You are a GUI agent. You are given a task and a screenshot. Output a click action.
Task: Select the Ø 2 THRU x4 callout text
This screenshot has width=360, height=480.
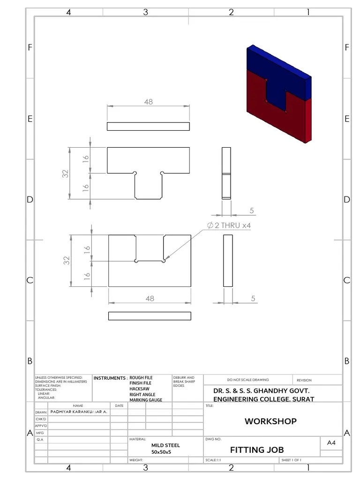tap(229, 225)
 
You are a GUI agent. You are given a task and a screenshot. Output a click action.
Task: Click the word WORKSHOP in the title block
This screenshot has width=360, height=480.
tap(270, 421)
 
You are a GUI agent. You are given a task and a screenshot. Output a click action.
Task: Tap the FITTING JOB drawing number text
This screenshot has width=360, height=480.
tap(257, 450)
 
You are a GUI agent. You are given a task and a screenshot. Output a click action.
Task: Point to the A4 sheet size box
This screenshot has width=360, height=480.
tap(331, 443)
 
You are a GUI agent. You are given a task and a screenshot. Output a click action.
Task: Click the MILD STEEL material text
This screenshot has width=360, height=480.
tap(165, 445)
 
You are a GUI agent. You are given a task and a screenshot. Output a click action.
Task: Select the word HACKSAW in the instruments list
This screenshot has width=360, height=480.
tap(140, 389)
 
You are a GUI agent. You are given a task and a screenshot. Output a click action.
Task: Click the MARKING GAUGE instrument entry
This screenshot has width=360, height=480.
tap(146, 400)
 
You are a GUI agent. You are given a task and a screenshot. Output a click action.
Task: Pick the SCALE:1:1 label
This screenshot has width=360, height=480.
tap(213, 460)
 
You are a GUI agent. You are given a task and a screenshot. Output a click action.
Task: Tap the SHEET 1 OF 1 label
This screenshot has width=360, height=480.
tap(292, 460)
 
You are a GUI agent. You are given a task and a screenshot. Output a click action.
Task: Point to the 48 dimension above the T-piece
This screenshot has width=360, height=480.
tap(149, 102)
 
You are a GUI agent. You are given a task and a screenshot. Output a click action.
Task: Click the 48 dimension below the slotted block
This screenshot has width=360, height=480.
tap(150, 299)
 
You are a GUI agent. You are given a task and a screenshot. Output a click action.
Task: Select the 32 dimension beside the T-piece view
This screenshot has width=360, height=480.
tap(66, 173)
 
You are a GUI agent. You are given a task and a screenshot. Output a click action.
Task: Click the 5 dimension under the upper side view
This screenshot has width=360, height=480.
tap(252, 210)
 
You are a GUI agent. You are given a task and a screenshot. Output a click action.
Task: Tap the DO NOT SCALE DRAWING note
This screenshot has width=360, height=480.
tap(248, 380)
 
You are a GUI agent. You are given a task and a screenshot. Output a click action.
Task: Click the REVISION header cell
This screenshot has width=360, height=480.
tap(304, 380)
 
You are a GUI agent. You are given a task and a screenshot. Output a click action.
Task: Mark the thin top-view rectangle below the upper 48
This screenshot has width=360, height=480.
tap(148, 127)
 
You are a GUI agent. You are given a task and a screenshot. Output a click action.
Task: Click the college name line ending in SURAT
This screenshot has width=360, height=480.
tap(263, 399)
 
